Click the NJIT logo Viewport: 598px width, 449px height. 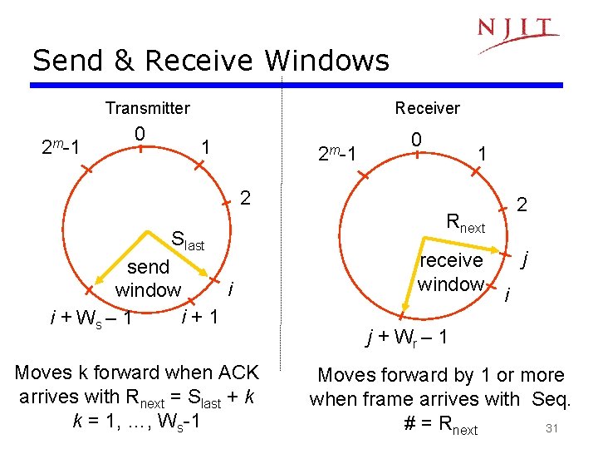point(517,32)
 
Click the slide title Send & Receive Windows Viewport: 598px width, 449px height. point(210,61)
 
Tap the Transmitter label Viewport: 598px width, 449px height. point(147,108)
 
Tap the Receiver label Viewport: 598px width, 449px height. point(427,108)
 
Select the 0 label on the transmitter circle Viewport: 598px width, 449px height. point(140,133)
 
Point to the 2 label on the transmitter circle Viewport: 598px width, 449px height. point(245,197)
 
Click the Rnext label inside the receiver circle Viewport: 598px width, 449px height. point(465,223)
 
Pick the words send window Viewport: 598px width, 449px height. point(148,279)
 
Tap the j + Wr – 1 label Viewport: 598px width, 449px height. point(409,338)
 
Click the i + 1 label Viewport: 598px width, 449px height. point(199,316)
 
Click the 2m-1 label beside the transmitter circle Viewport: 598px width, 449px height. point(61,148)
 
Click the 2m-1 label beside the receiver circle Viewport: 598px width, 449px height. point(337,155)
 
